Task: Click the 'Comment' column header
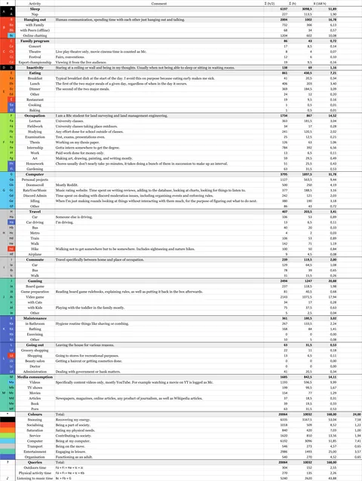[158, 4]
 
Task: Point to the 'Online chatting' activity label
[35, 35]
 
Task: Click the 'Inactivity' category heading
[34, 66]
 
